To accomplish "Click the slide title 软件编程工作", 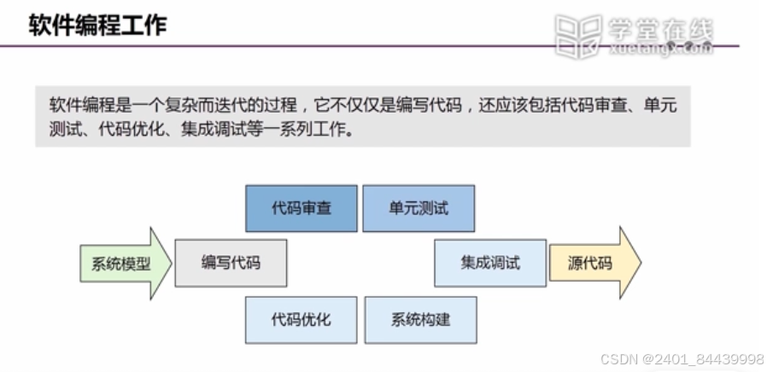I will tap(97, 25).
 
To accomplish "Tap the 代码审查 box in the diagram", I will tap(302, 208).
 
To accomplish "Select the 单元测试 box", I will tap(419, 208).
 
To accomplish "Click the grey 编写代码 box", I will tap(231, 263).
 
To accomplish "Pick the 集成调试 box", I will tap(490, 263).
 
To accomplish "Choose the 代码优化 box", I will tap(302, 319).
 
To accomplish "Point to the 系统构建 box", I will tap(420, 319).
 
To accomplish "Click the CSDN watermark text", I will tap(620, 358).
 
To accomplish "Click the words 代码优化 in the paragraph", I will tap(129, 131).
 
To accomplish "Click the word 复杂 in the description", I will tap(177, 106).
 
